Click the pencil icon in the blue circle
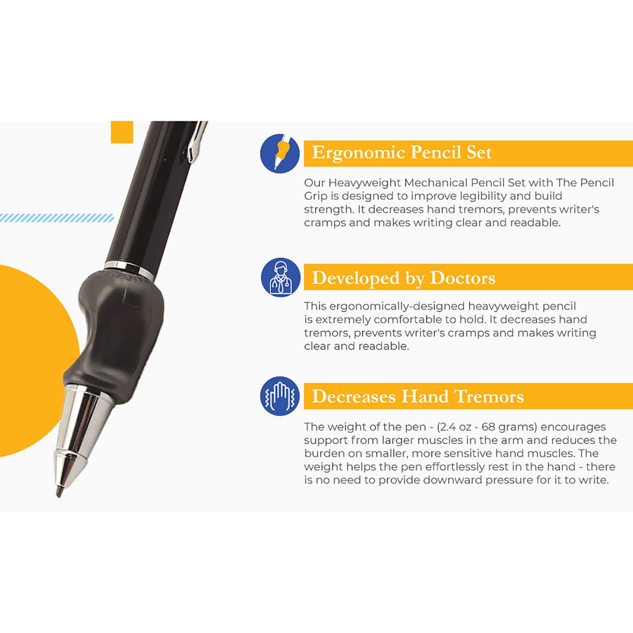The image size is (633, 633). [x=280, y=153]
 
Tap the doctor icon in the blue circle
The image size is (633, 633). [x=280, y=277]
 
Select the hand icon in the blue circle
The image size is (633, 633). [x=280, y=396]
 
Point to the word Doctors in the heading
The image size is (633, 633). [x=462, y=278]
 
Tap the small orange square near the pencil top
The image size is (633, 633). [x=122, y=132]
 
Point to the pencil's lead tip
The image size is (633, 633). [x=59, y=493]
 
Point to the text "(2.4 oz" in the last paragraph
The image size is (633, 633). [x=453, y=427]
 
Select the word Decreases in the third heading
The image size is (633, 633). [x=353, y=396]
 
